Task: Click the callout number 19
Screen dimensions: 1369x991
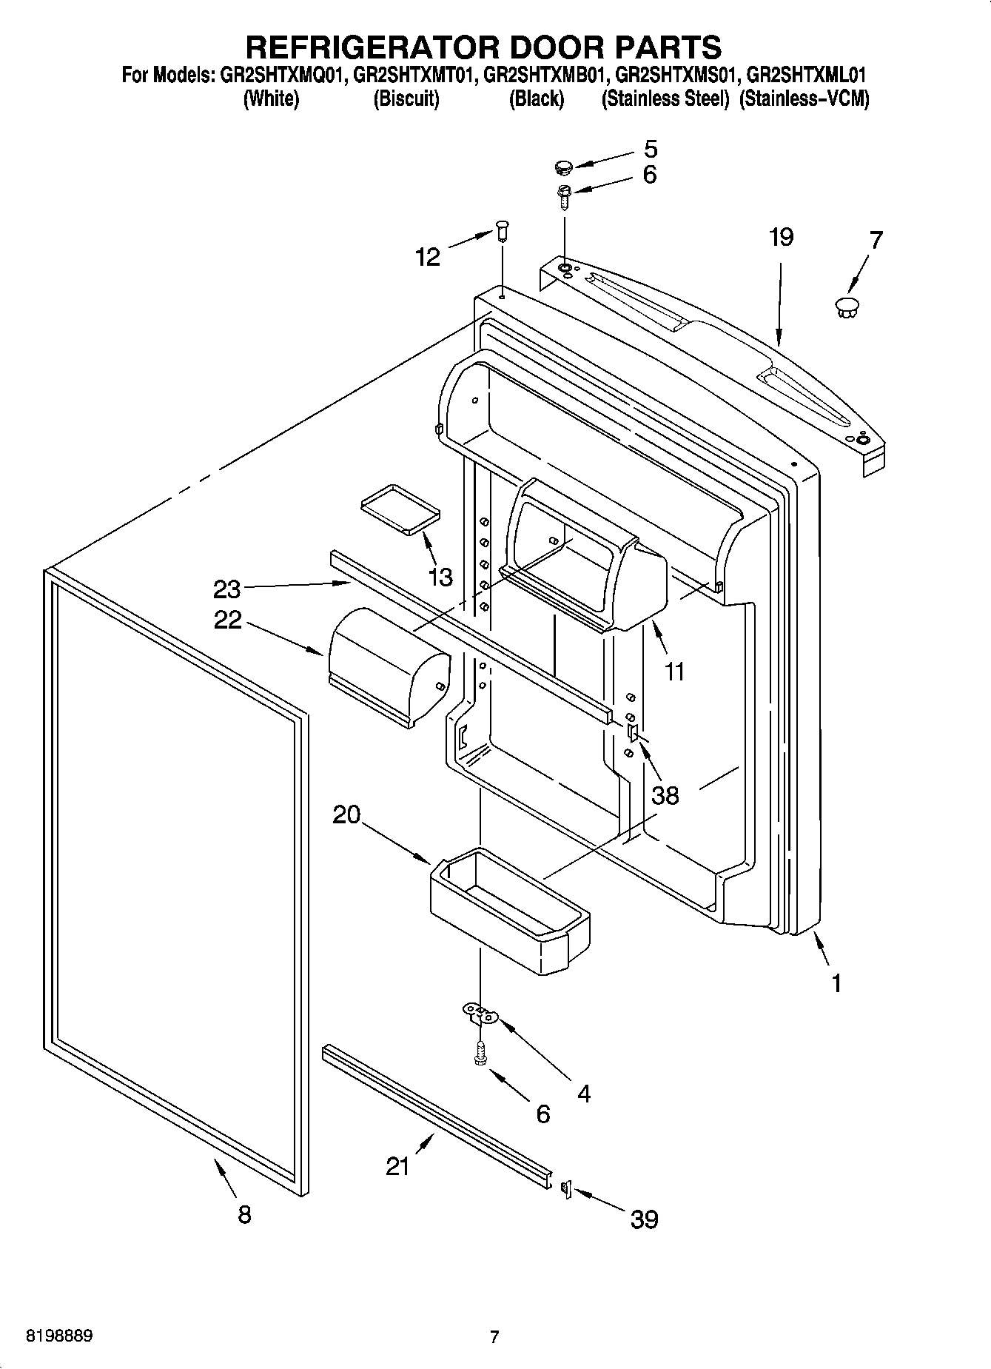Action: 780,237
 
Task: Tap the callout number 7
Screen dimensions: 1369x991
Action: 876,241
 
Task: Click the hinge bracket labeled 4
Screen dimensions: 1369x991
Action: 480,1013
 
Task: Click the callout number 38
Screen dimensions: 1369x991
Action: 665,795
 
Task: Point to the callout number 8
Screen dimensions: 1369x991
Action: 244,1214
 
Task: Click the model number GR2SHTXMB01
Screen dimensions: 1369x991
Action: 545,76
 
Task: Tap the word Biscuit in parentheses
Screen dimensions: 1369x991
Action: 406,98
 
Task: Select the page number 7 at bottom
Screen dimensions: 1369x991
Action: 494,1336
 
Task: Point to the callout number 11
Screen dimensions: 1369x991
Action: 674,672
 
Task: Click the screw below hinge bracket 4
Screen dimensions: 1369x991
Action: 480,1053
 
